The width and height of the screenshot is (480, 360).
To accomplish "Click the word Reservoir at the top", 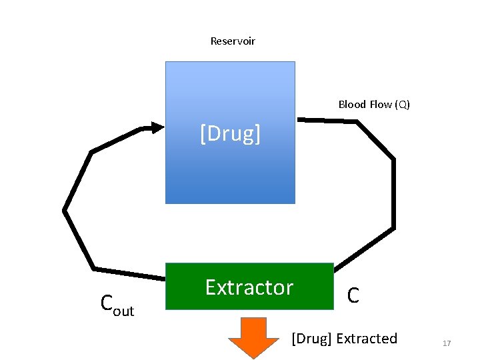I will coord(233,41).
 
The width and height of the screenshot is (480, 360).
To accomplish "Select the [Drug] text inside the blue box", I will coord(230,134).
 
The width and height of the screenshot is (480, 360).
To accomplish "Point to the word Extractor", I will coord(249,287).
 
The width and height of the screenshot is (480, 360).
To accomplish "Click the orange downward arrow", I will coord(253,338).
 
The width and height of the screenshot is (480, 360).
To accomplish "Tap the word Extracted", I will coord(367,339).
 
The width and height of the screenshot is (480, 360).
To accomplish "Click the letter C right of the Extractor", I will coord(353,295).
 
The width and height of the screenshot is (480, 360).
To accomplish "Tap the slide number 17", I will coord(447,343).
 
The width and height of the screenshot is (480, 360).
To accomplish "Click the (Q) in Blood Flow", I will coord(402,105).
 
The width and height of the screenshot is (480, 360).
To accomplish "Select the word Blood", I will coord(352,105).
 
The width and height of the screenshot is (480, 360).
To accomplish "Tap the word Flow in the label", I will coord(381,105).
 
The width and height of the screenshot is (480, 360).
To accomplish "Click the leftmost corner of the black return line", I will coord(64,211).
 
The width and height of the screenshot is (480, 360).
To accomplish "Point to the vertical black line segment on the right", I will coord(393,193).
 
